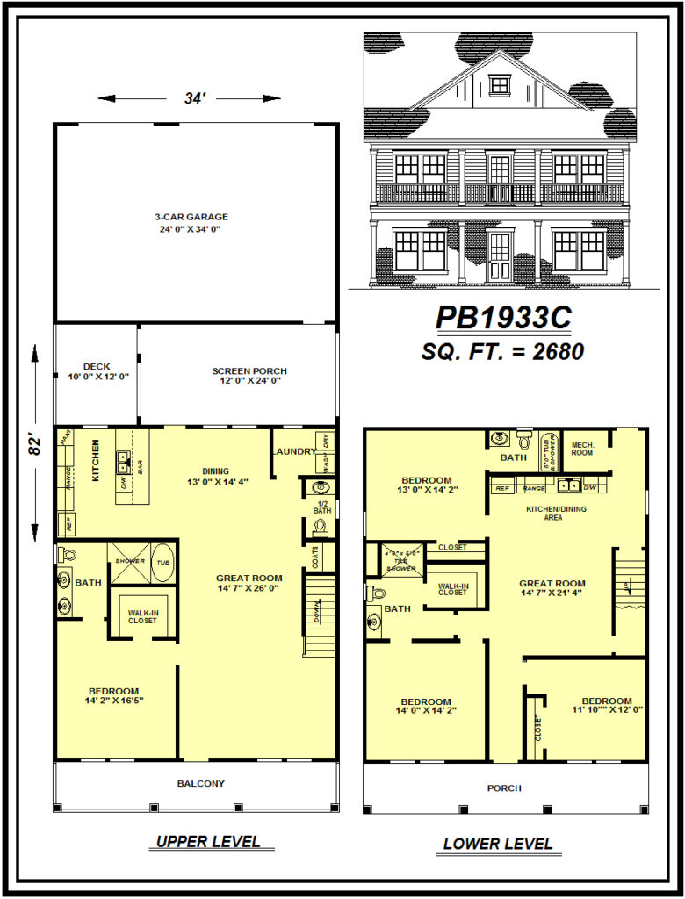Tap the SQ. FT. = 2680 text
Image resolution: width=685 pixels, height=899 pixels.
[x=502, y=351]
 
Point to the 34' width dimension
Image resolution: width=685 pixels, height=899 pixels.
[x=195, y=98]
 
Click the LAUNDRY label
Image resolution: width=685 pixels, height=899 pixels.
[x=294, y=451]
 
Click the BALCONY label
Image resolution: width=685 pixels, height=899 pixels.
[x=201, y=783]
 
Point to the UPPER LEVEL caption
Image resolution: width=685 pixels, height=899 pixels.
[x=208, y=842]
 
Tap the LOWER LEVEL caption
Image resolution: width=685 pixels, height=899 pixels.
[x=498, y=844]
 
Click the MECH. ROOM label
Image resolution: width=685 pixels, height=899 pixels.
[x=582, y=448]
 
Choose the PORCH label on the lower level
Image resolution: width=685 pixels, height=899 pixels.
[x=504, y=788]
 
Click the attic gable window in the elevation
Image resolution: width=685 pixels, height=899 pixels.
[x=499, y=84]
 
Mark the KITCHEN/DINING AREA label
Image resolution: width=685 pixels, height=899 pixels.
[x=557, y=513]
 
